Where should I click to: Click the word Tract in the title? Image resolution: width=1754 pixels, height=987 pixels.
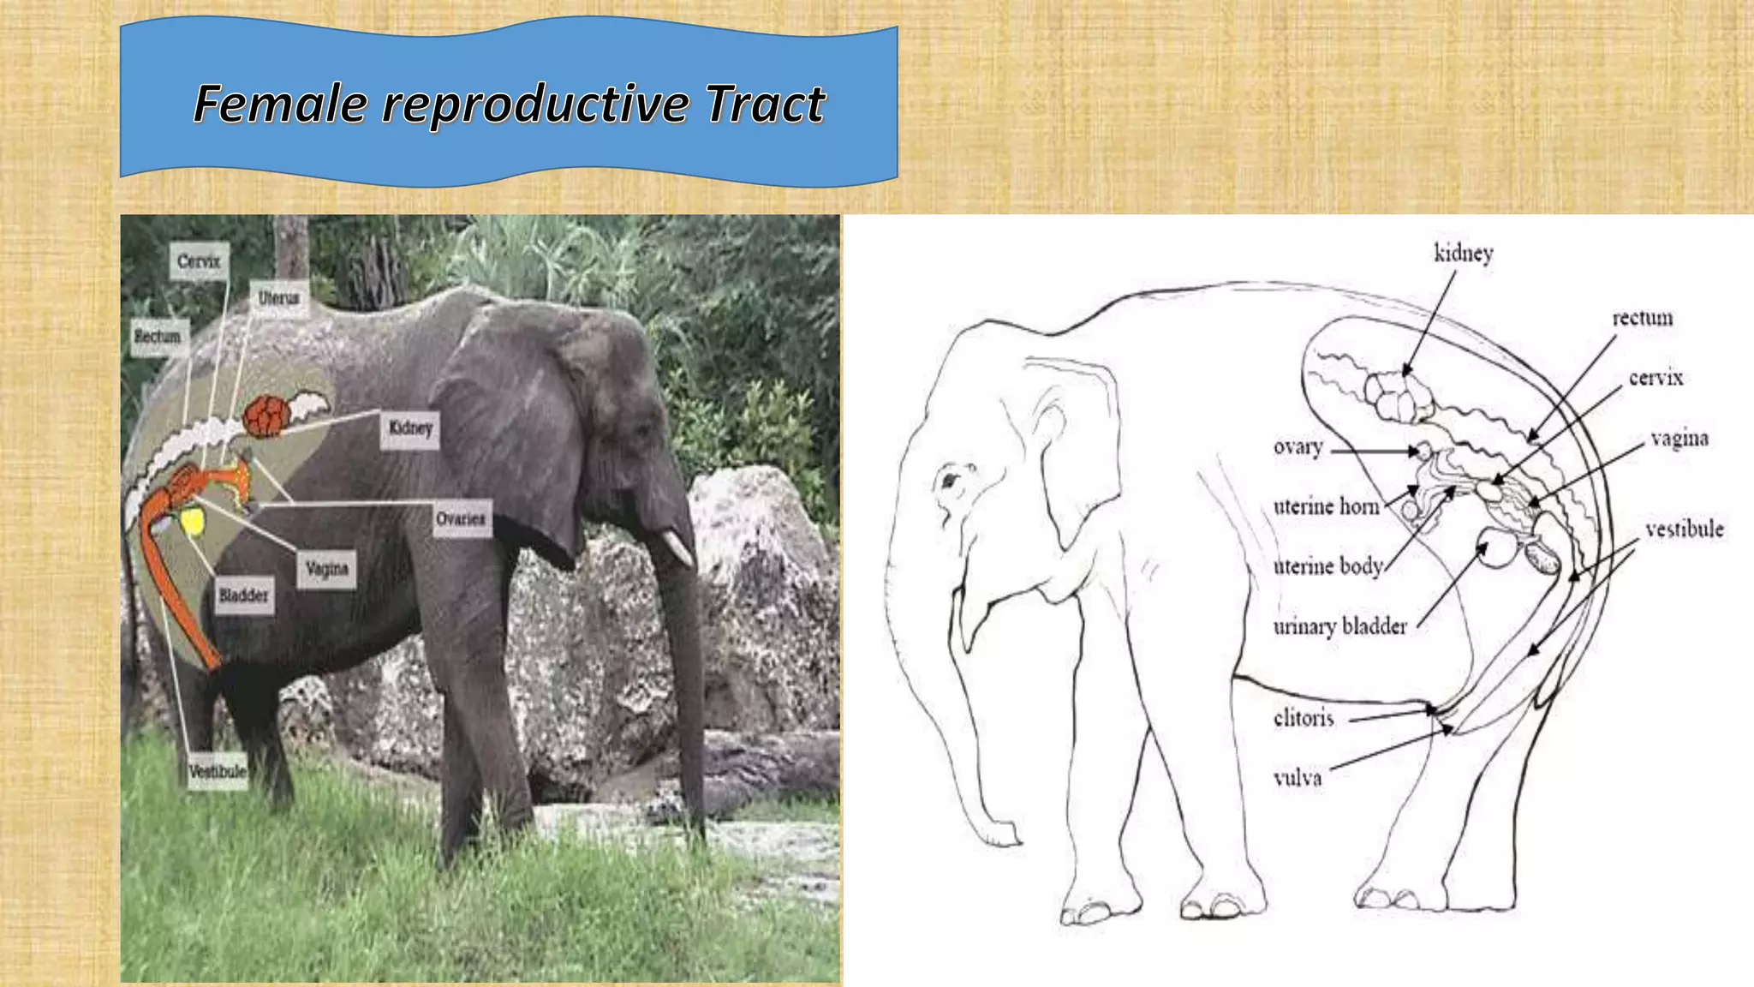[765, 105]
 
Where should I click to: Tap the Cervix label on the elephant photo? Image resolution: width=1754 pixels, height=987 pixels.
[199, 260]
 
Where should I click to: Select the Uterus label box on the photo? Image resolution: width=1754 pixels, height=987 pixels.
[279, 298]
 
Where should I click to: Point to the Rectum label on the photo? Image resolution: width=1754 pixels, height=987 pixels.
[158, 336]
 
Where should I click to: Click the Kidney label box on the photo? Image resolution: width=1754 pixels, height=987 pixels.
[410, 428]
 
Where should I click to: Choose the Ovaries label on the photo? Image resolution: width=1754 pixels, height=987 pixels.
[461, 518]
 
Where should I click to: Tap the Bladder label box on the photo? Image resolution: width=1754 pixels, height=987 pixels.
[243, 595]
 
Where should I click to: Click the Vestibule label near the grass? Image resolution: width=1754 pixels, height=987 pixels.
[218, 771]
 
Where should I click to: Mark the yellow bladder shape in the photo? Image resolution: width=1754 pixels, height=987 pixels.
[193, 521]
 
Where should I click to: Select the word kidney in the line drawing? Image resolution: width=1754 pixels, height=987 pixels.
[1464, 254]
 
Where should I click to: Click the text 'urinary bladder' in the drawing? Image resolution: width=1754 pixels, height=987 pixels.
[1339, 626]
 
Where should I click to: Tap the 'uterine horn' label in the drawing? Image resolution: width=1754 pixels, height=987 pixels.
[1326, 506]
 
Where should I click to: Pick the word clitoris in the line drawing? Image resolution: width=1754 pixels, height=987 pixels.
[1304, 718]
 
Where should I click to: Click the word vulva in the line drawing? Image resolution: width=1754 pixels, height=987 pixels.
[1298, 778]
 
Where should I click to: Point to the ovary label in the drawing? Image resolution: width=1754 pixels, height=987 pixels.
[1298, 447]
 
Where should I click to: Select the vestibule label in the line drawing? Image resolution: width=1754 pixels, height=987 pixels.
[1684, 529]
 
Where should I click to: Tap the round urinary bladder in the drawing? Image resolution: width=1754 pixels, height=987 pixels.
[1497, 549]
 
